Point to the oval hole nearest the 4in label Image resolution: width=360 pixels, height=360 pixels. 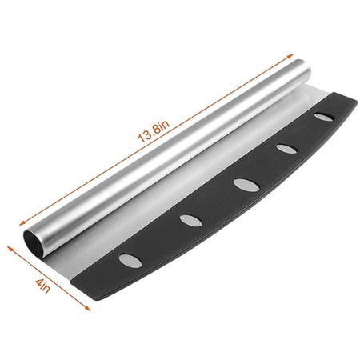pyautogui.click(x=130, y=261)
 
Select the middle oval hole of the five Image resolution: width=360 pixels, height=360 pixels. pyautogui.click(x=246, y=185)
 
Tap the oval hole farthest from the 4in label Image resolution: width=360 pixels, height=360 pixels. pyautogui.click(x=323, y=117)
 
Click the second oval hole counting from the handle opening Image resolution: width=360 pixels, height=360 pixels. pyautogui.click(x=190, y=220)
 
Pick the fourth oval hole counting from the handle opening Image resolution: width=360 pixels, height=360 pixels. pyautogui.click(x=286, y=149)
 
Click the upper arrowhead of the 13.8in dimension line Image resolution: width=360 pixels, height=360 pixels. pyautogui.click(x=290, y=57)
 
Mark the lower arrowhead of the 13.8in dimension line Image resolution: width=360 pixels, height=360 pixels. pyautogui.click(x=22, y=223)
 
